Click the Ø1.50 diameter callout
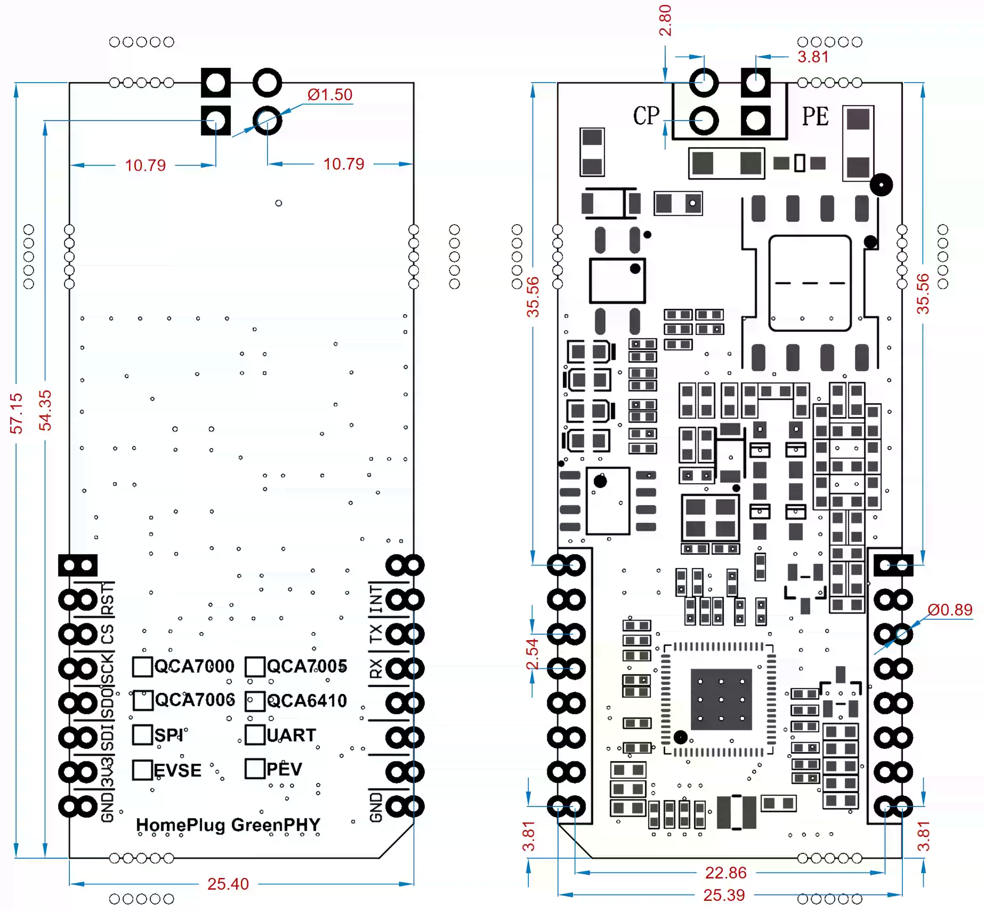329,95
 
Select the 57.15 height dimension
17,413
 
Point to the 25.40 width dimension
228,884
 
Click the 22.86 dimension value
725,873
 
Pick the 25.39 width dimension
723,895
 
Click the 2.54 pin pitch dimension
532,654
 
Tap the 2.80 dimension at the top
665,20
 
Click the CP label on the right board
646,116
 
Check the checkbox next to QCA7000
142,666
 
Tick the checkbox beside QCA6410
255,701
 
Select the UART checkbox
255,734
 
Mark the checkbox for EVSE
142,770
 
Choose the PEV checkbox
255,769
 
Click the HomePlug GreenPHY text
228,825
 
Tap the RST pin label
108,598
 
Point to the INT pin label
376,598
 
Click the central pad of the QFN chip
721,699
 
